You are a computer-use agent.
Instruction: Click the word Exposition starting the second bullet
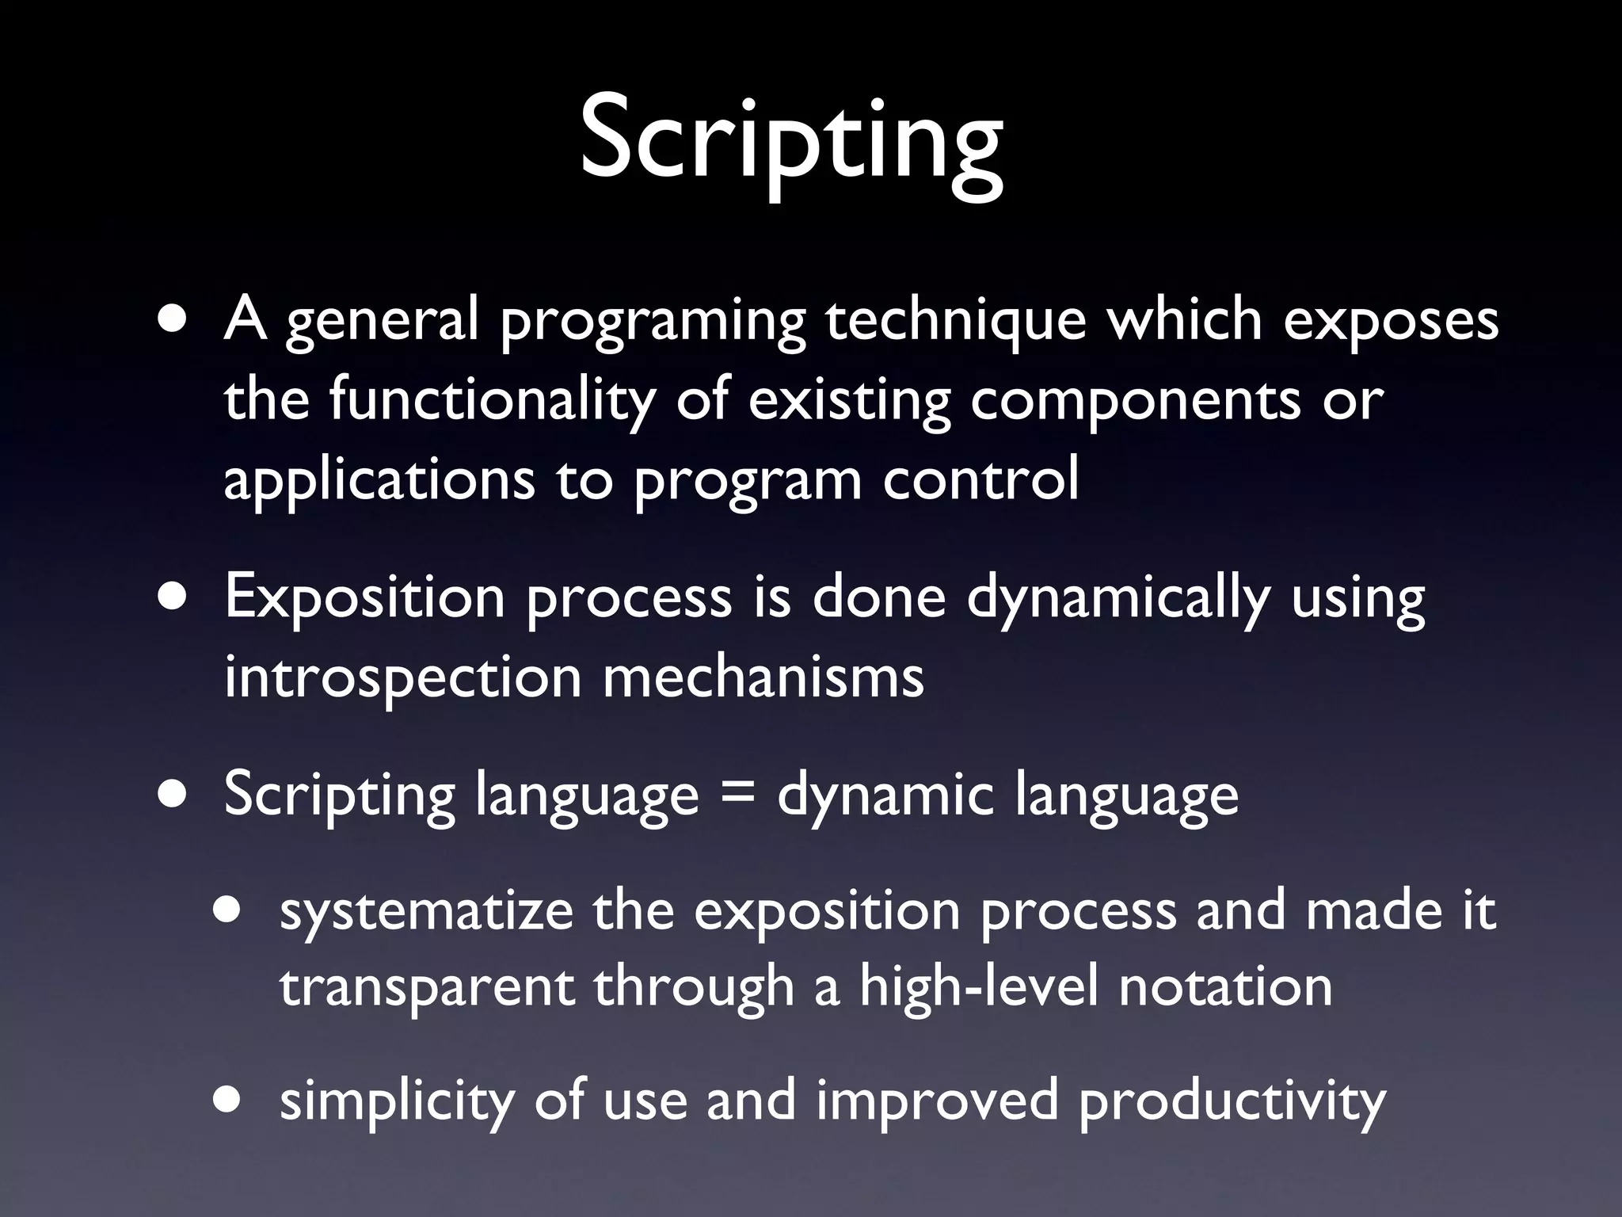(364, 599)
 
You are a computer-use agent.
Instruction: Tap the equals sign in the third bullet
(737, 795)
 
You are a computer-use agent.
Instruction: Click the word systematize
(426, 911)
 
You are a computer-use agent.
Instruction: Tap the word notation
(1225, 987)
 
